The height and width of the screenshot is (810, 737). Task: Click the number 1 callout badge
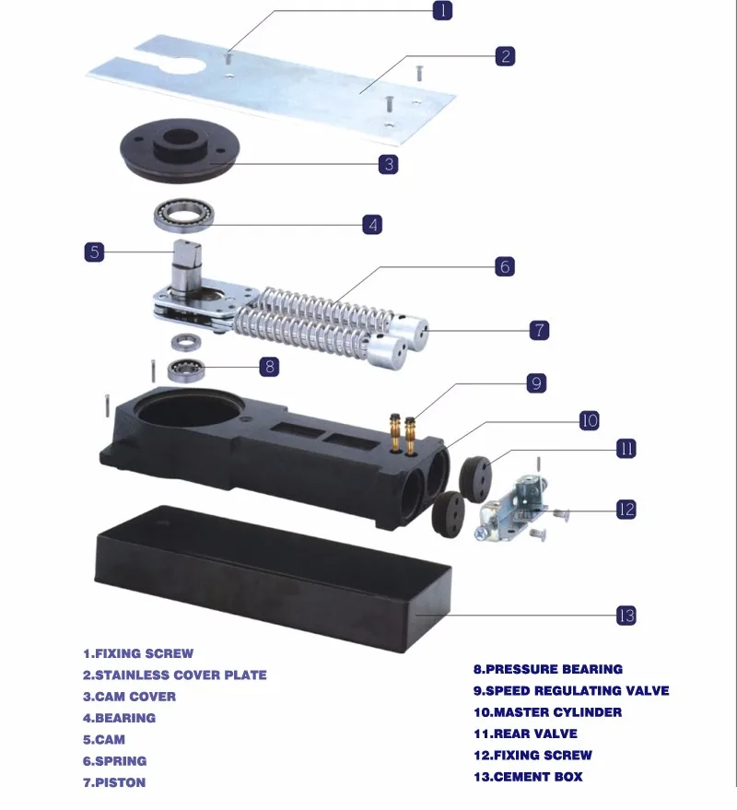(443, 11)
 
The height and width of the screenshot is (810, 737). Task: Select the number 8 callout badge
(268, 366)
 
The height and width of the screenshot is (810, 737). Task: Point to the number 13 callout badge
(626, 616)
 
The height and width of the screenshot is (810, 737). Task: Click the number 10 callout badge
(589, 421)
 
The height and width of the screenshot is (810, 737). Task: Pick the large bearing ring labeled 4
(183, 216)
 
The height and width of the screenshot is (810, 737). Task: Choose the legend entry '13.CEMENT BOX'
(528, 777)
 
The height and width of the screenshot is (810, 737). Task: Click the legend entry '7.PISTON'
(114, 782)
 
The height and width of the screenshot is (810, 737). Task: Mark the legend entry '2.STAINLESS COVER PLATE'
(175, 675)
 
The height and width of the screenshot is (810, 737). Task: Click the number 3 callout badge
(388, 164)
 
